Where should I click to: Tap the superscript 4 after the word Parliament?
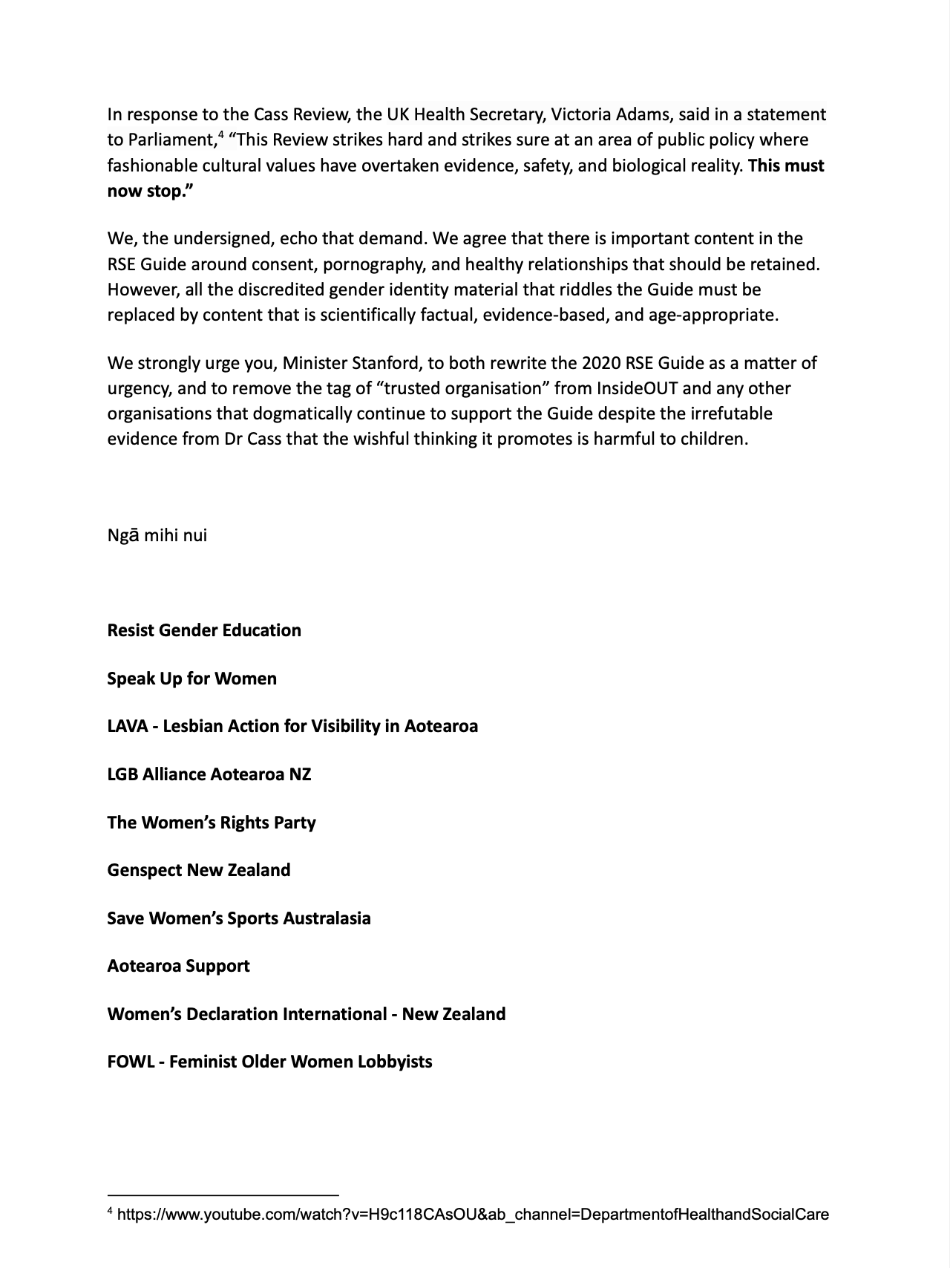[221, 135]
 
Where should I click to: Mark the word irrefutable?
[727, 414]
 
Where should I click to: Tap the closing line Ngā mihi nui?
[157, 535]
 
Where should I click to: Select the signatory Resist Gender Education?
[204, 630]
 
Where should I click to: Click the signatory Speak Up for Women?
[191, 679]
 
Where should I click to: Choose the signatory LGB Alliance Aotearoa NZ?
[209, 774]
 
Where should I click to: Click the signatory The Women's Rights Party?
[212, 823]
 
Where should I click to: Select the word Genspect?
[145, 870]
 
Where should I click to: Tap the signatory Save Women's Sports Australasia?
[239, 918]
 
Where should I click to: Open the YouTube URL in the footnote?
[473, 1215]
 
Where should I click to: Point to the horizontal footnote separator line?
[223, 1195]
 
